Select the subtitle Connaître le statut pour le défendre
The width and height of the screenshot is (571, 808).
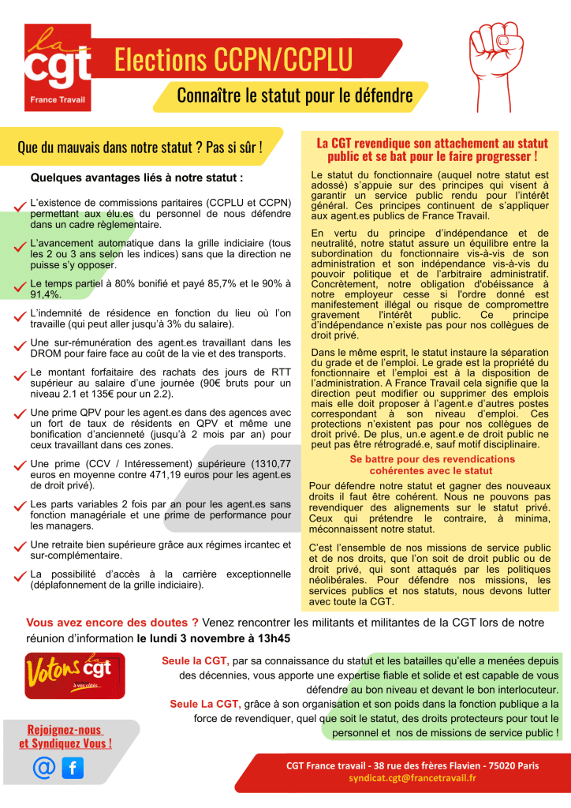pyautogui.click(x=294, y=96)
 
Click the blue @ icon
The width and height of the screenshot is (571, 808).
pyautogui.click(x=44, y=767)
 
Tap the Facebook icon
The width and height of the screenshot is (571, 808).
pyautogui.click(x=73, y=767)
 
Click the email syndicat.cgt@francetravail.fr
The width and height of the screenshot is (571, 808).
pyautogui.click(x=412, y=778)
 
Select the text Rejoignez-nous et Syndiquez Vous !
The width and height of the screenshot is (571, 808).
pyautogui.click(x=65, y=736)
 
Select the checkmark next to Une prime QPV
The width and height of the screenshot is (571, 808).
pyautogui.click(x=20, y=413)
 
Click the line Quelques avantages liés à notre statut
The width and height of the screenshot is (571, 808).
pyautogui.click(x=136, y=178)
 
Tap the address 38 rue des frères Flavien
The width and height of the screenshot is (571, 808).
pyautogui.click(x=446, y=765)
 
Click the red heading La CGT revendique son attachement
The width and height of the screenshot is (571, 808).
pyautogui.click(x=431, y=149)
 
